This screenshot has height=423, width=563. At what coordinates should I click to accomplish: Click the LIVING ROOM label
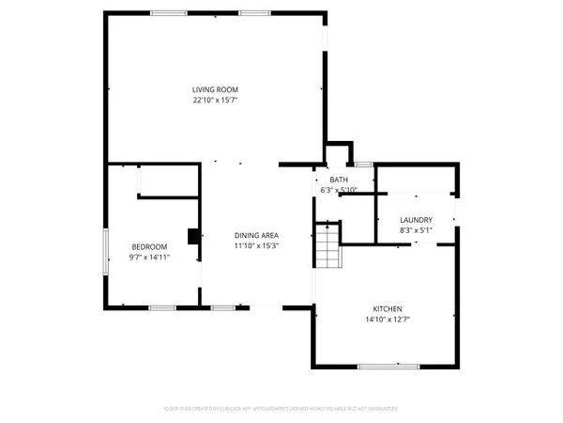click(x=214, y=89)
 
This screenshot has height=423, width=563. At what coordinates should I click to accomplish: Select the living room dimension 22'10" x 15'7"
click(x=214, y=100)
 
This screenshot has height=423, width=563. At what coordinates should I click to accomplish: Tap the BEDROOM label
click(x=148, y=246)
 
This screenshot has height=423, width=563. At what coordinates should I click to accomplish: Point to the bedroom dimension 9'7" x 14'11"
click(x=148, y=257)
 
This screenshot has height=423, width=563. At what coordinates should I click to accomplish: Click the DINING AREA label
click(x=256, y=236)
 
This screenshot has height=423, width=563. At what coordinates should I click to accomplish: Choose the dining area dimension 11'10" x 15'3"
click(x=256, y=246)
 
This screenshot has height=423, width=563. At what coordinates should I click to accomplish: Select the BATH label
click(x=339, y=180)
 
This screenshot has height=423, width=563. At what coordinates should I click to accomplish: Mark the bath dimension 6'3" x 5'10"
click(x=339, y=190)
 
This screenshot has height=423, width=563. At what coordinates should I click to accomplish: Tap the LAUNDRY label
click(x=416, y=219)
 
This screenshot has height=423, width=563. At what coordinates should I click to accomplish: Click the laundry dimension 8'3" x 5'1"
click(x=416, y=229)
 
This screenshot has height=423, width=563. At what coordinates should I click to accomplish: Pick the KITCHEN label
click(x=388, y=309)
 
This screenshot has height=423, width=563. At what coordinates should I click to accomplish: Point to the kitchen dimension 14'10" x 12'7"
click(x=388, y=320)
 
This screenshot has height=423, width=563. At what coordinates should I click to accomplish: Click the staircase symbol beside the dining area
click(x=326, y=246)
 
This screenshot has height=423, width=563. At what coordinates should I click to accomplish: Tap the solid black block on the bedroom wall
click(x=193, y=236)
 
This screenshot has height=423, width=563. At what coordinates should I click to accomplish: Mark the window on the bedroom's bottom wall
click(x=161, y=307)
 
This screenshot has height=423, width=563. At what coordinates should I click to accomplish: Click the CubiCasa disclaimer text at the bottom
click(x=281, y=409)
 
